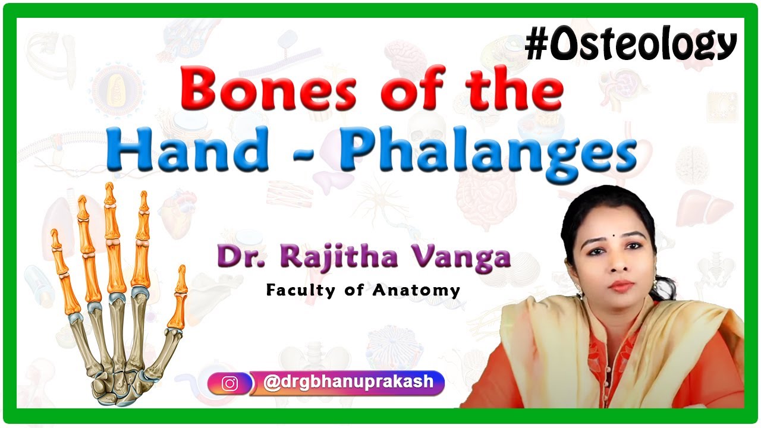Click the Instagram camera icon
point(229,384)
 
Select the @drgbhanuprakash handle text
point(348,382)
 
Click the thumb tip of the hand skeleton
point(181,279)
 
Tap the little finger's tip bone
point(55,238)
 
